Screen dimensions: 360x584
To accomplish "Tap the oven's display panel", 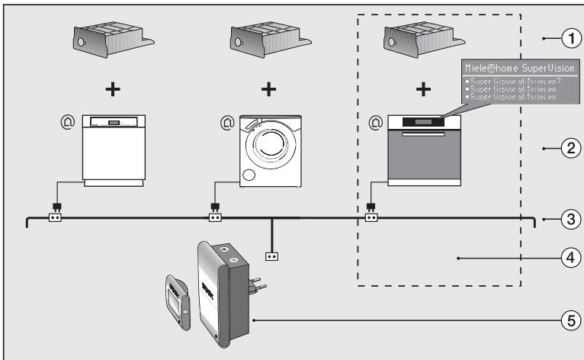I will pos(425,122).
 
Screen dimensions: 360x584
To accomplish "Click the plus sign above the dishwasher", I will pos(112,88).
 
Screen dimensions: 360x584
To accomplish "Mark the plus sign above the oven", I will pos(425,88).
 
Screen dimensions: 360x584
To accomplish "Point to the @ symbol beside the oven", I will pos(374,120).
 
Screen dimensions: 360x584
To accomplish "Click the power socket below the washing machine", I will pos(216,218).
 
